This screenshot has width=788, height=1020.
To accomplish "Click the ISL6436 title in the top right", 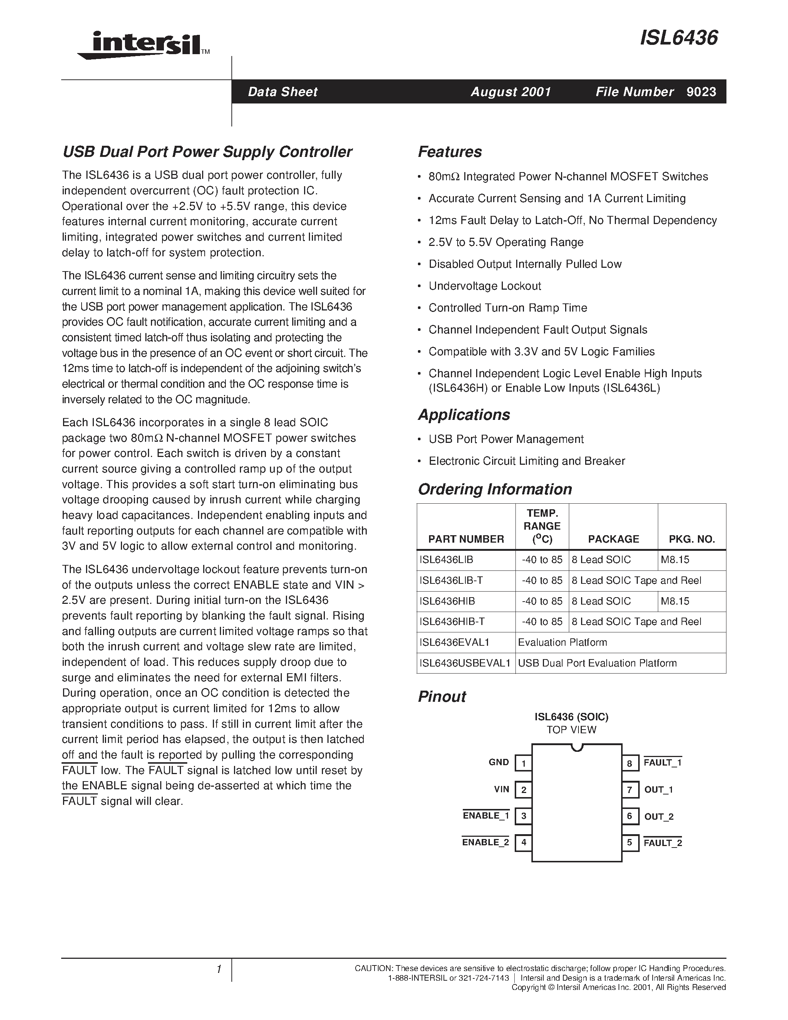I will (679, 37).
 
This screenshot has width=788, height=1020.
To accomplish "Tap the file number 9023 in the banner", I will (701, 92).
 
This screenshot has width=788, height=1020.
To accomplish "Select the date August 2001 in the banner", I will (511, 92).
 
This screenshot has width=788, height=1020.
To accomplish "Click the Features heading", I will (449, 152).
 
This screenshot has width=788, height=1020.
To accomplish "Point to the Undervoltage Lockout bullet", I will (485, 286).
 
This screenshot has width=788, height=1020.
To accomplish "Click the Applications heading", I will (464, 415).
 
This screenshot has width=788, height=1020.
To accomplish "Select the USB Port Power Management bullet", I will (506, 439).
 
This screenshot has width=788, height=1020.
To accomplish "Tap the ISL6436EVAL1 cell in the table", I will (454, 642).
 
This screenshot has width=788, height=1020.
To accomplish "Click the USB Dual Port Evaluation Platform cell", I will (597, 663).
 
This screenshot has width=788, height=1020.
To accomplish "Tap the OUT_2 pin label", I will (659, 817).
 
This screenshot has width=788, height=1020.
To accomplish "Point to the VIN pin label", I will (501, 790).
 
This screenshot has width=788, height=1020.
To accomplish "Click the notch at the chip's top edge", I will (577, 748).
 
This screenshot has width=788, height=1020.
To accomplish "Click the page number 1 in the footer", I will (218, 970).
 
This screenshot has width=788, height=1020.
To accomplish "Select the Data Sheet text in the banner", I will (283, 92).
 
